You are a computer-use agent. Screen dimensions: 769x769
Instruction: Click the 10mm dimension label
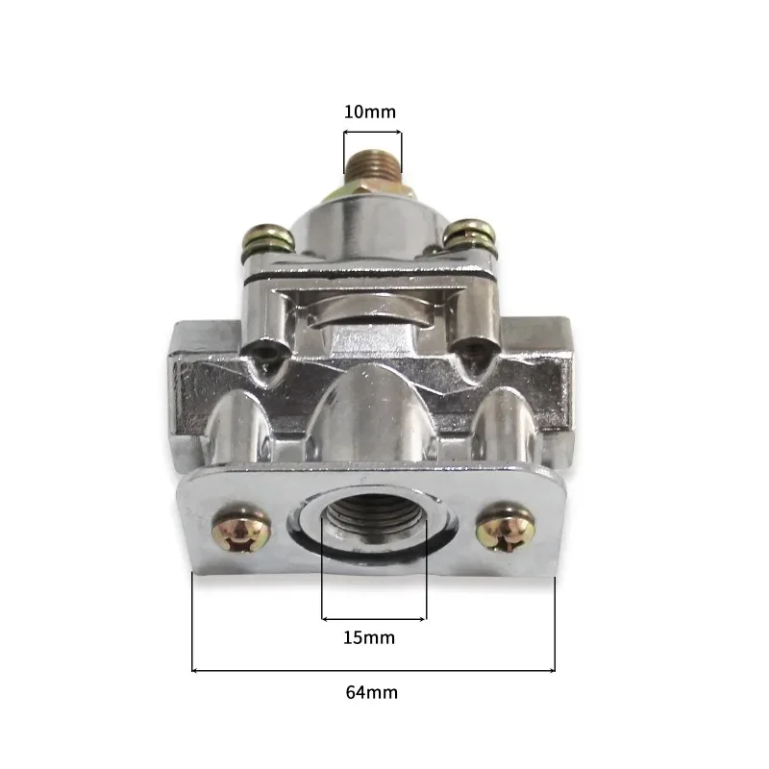click(x=370, y=112)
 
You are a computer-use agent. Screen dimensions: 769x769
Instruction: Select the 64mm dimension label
click(x=372, y=691)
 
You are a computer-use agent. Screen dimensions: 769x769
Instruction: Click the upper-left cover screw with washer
click(x=263, y=238)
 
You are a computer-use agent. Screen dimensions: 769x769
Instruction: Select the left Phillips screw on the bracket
click(x=235, y=530)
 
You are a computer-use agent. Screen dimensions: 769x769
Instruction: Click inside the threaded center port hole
click(x=373, y=530)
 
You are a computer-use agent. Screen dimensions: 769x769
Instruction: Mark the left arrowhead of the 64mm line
click(x=195, y=670)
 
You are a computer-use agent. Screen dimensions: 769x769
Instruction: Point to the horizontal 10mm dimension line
click(x=373, y=134)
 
